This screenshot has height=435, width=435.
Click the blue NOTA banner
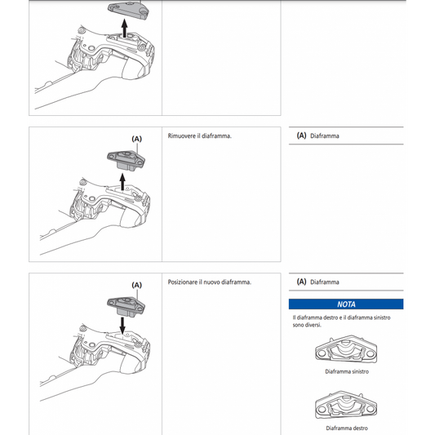[x=347, y=303]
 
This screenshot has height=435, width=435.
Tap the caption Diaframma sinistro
[x=347, y=371]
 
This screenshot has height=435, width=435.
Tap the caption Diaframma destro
[x=347, y=428]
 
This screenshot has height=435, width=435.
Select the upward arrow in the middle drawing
[x=124, y=180]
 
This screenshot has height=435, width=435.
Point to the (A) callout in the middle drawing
[x=136, y=140]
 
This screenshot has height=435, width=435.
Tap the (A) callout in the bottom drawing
[x=136, y=285]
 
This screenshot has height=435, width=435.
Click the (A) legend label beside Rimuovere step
[x=301, y=136]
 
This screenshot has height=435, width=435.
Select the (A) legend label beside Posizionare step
[x=301, y=282]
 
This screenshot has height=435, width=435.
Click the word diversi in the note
[x=313, y=325]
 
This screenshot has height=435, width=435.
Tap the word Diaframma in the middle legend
[x=325, y=136]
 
